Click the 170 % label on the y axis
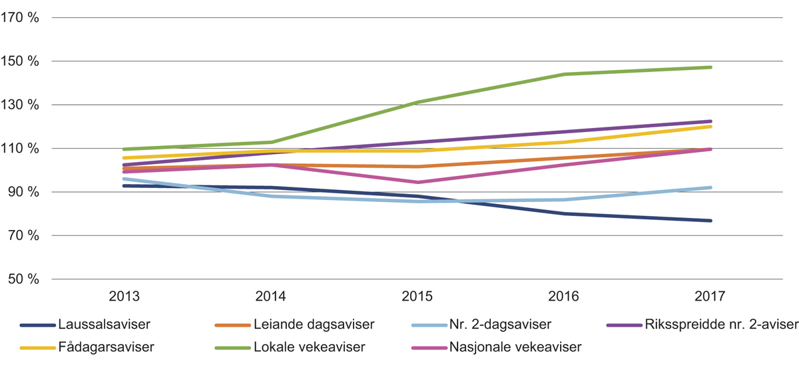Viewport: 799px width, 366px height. coord(21,18)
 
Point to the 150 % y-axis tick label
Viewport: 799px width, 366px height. coord(21,61)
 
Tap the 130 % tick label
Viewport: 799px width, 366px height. coord(21,105)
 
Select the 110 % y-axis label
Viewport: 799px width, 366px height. coord(21,149)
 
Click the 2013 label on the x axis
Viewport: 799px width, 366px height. coord(123,296)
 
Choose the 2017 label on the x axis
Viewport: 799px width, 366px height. coord(710,296)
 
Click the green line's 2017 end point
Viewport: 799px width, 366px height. coord(710,67)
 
